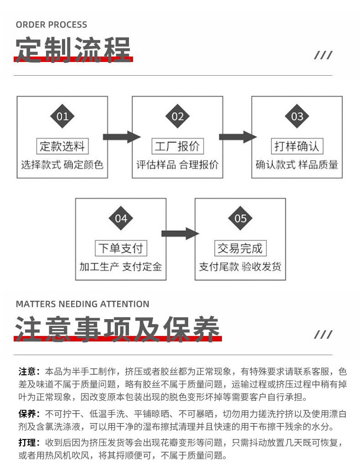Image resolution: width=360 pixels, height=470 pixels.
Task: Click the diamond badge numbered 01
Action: (62, 116)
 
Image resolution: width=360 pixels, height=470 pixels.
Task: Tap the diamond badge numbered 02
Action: (177, 116)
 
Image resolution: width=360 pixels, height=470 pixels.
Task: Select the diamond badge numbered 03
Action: (297, 116)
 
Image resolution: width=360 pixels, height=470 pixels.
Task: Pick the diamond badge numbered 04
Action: (121, 218)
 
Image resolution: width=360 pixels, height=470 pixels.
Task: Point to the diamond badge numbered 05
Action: (240, 218)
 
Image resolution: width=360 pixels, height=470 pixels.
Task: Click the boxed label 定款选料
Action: (62, 146)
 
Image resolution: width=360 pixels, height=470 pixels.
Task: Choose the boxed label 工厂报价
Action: (177, 146)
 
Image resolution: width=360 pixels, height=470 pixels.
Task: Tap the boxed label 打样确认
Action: (297, 146)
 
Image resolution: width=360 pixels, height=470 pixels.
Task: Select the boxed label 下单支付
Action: (121, 248)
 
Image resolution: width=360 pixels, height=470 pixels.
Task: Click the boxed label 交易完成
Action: (240, 248)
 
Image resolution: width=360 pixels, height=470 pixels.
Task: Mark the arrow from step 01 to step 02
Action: (122, 137)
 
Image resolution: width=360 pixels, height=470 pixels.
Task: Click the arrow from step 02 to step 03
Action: (238, 137)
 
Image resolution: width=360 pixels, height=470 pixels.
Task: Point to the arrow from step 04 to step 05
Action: (180, 233)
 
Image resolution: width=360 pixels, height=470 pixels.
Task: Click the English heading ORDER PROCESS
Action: (51, 25)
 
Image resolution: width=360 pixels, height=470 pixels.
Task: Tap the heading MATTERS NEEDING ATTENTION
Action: (82, 304)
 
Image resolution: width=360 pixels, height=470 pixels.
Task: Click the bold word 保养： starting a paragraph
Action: (29, 414)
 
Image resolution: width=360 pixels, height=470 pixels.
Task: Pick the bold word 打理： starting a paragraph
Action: (29, 443)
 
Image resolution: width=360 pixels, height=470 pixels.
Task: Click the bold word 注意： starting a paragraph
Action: (29, 372)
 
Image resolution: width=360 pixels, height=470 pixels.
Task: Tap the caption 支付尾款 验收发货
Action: (240, 267)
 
